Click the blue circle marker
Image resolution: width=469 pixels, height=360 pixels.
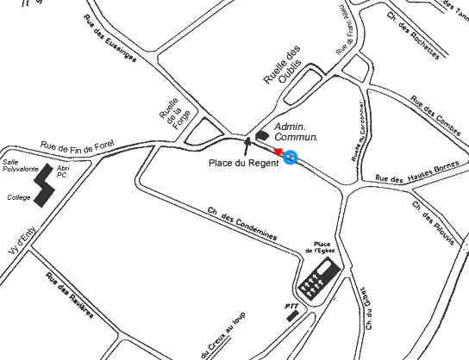(x=291, y=158)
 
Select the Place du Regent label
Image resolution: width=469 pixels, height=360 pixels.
(x=245, y=163)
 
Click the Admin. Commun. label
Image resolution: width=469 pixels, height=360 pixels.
(x=297, y=131)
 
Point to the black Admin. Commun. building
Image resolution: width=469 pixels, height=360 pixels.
(x=262, y=133)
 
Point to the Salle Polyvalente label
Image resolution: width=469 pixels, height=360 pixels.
(x=21, y=165)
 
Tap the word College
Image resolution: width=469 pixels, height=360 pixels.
(x=18, y=197)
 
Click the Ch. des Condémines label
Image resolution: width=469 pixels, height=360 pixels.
(x=241, y=222)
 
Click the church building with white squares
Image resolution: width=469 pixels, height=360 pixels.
(x=316, y=278)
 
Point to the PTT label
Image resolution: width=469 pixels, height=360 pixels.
(x=291, y=306)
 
